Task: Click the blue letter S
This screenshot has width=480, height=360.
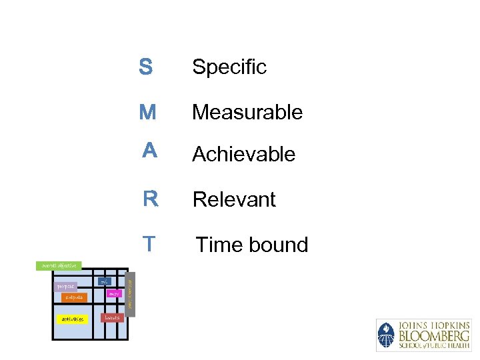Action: click(145, 67)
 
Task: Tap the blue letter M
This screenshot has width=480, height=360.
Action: click(147, 112)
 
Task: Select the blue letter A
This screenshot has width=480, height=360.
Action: click(149, 151)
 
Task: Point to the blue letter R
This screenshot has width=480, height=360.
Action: click(150, 199)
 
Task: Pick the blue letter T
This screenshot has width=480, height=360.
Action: click(149, 244)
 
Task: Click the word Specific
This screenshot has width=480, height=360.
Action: click(229, 67)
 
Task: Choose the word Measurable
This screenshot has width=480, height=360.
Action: click(247, 112)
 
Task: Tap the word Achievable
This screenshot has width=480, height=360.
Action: click(243, 154)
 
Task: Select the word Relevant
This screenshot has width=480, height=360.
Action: click(234, 199)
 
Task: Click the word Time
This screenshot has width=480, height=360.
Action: click(218, 245)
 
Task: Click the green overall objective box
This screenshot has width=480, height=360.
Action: click(59, 265)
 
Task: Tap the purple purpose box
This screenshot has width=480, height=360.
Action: click(65, 287)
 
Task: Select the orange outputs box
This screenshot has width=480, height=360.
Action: click(74, 297)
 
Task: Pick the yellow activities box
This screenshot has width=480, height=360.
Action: click(71, 319)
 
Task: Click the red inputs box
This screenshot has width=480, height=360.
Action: click(112, 317)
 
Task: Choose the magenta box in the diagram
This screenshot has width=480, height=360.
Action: click(113, 293)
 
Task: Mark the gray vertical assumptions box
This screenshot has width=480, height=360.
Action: click(130, 293)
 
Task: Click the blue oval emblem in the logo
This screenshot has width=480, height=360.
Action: click(386, 335)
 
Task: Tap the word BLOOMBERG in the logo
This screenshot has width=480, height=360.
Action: click(434, 335)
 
